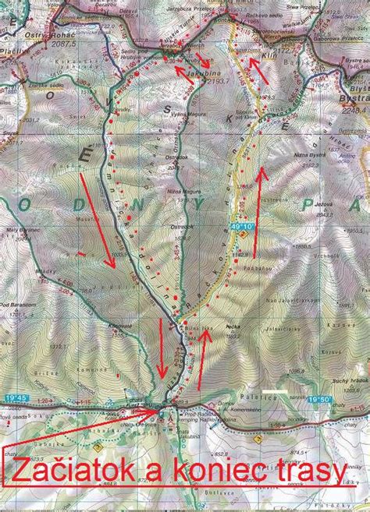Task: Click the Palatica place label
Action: (x=240, y=396)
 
